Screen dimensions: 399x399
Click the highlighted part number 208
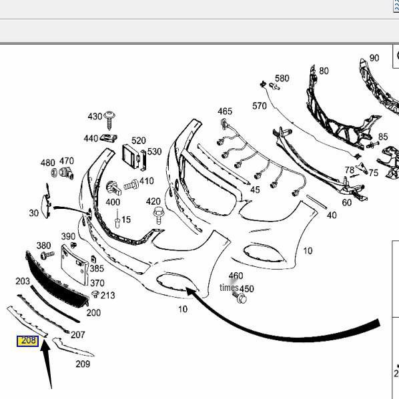[27, 341]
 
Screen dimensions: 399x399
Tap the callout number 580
[282, 78]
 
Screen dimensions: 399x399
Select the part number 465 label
[225, 111]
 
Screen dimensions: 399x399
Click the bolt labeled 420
[159, 216]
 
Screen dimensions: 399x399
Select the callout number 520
[138, 141]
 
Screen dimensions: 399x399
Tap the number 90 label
[374, 58]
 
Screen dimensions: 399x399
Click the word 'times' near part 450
[229, 288]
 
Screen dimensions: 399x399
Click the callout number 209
[82, 364]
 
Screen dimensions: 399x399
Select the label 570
[259, 106]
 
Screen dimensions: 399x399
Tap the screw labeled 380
[47, 255]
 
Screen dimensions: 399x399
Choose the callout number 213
[107, 295]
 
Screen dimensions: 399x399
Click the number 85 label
[382, 137]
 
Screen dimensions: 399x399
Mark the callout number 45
[255, 190]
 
